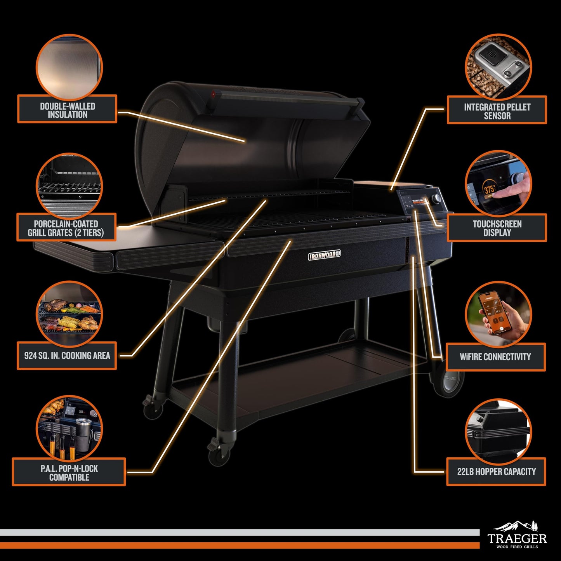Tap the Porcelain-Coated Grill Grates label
point(66,228)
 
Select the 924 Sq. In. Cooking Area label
point(67,355)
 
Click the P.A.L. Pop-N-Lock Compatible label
point(69,472)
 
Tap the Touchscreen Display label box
point(497,228)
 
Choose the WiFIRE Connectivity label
point(495,356)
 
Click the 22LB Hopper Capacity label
point(496,471)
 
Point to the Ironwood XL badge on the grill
point(325,255)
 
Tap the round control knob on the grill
point(437,198)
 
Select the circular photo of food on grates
point(69,314)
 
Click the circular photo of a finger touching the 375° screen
point(498,184)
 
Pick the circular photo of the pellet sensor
point(498,67)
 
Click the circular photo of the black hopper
point(498,431)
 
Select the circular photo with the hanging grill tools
point(69,428)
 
